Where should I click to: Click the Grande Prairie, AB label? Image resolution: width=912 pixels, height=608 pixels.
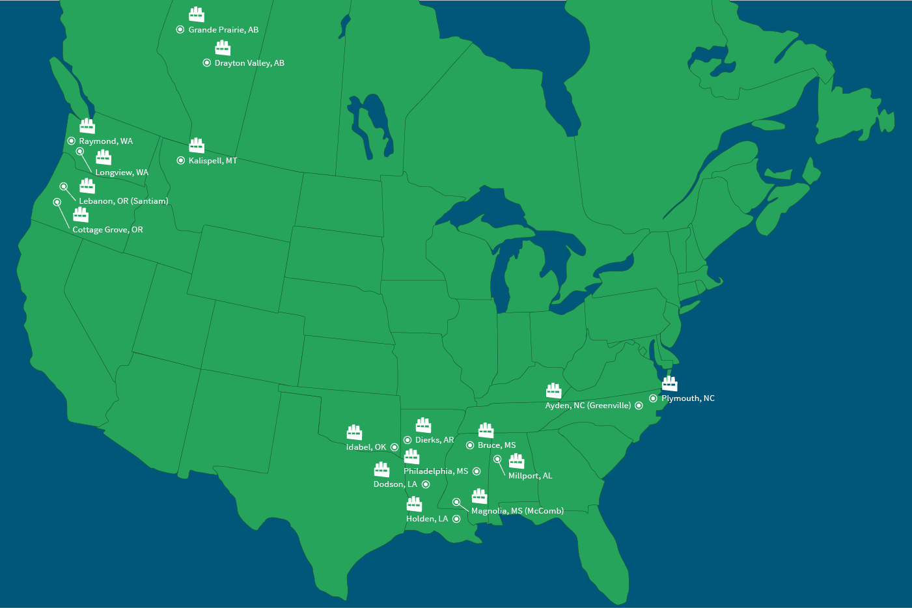pyautogui.click(x=223, y=30)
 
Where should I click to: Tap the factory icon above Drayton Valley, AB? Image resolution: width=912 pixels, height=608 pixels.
pyautogui.click(x=223, y=48)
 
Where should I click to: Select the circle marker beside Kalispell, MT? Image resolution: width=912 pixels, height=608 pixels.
pyautogui.click(x=180, y=160)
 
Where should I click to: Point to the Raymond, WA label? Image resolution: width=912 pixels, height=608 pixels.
pyautogui.click(x=105, y=141)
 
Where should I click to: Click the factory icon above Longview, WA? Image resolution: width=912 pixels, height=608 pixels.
pyautogui.click(x=104, y=157)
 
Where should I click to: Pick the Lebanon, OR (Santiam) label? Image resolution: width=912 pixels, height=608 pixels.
pyautogui.click(x=124, y=201)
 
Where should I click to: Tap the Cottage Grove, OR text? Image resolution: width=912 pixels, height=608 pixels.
pyautogui.click(x=107, y=230)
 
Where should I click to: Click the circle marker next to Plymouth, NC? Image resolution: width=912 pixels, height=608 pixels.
pyautogui.click(x=653, y=398)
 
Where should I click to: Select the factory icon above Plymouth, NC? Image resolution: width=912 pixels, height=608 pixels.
pyautogui.click(x=669, y=383)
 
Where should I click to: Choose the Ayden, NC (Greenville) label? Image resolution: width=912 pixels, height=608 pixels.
pyautogui.click(x=588, y=406)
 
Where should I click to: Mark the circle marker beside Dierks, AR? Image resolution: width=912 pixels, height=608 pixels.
pyautogui.click(x=408, y=440)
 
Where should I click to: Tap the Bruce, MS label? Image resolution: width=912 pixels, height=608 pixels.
pyautogui.click(x=497, y=445)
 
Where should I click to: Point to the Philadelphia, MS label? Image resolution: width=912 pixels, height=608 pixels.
pyautogui.click(x=435, y=471)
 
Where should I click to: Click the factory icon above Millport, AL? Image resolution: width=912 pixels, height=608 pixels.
pyautogui.click(x=516, y=461)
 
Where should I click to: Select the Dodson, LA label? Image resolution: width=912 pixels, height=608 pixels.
pyautogui.click(x=395, y=484)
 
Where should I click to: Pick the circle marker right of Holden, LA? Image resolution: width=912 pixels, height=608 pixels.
pyautogui.click(x=456, y=519)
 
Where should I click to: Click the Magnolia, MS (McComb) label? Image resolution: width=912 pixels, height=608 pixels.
pyautogui.click(x=518, y=511)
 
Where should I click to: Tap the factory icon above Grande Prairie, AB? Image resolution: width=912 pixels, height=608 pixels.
pyautogui.click(x=197, y=14)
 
